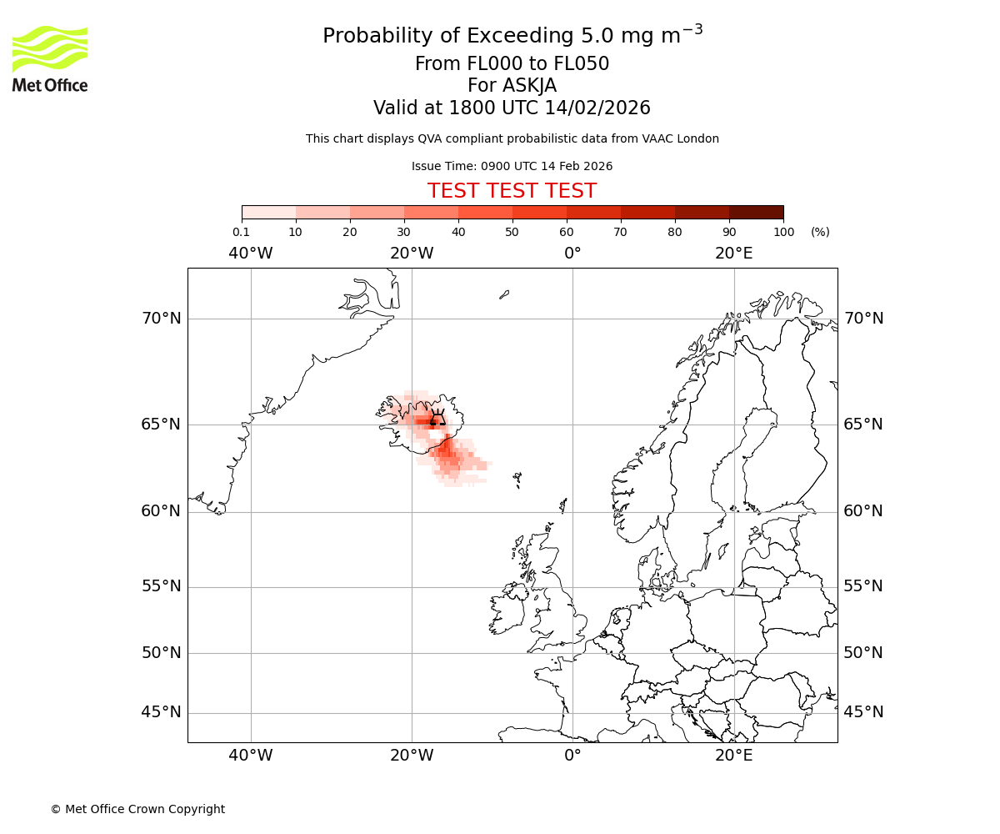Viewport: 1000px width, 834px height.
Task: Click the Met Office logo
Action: click(x=50, y=58)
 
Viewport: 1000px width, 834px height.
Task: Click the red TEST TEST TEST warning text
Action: click(x=512, y=191)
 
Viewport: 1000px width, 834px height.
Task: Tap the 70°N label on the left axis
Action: click(x=161, y=319)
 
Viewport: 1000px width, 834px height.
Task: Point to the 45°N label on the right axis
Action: click(x=863, y=712)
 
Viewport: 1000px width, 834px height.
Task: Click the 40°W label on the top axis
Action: click(x=250, y=254)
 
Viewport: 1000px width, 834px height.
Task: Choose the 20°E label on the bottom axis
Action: click(x=733, y=756)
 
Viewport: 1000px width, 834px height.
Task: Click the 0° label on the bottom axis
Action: click(x=572, y=756)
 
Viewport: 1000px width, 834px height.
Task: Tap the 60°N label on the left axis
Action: click(x=161, y=511)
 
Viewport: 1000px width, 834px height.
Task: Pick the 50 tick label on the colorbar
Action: click(x=512, y=232)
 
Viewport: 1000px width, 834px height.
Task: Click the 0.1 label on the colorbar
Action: click(x=242, y=232)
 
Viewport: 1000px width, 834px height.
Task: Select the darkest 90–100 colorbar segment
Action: click(x=756, y=212)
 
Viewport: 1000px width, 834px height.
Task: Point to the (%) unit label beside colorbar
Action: click(x=820, y=232)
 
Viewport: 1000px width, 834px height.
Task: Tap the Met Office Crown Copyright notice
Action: click(x=137, y=809)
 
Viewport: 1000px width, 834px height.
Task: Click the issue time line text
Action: click(x=512, y=166)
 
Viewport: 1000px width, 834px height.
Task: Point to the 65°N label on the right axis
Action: click(x=863, y=425)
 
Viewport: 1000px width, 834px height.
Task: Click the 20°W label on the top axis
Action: click(x=412, y=254)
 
